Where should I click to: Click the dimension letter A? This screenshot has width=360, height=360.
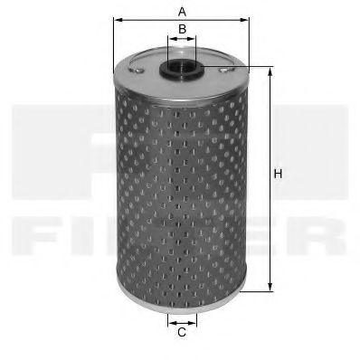tap(181, 12)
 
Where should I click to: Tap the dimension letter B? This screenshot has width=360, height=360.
tap(182, 30)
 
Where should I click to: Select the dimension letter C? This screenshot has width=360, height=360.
tap(182, 333)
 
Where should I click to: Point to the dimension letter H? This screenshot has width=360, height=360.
tap(280, 174)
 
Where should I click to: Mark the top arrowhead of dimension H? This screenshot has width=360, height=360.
tap(269, 71)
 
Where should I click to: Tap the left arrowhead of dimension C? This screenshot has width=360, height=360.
tap(170, 319)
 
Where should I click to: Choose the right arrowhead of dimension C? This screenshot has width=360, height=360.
tap(194, 319)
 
